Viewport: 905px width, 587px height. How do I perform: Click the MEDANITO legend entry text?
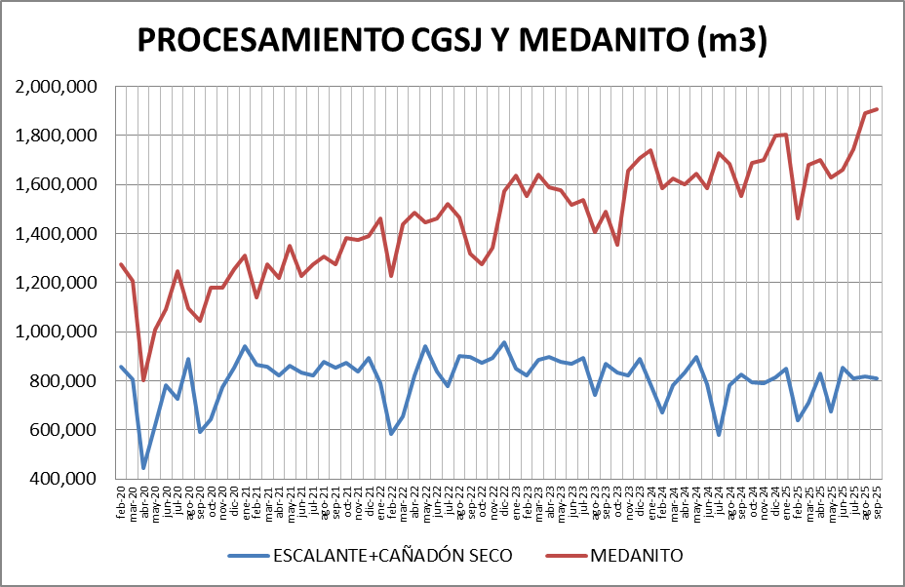tap(636, 556)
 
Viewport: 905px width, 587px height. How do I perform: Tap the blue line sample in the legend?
tap(249, 556)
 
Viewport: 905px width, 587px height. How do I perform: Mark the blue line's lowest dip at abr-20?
tap(143, 468)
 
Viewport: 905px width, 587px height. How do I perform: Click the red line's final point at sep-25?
tap(878, 109)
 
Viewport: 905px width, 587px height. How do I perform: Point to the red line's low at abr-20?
tap(143, 380)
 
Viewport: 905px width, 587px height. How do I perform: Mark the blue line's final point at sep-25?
tap(878, 378)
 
